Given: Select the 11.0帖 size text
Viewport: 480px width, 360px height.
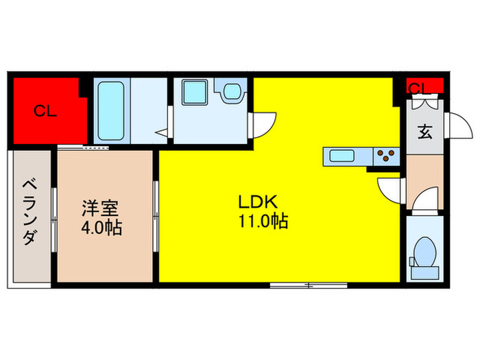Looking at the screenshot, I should coord(263,221).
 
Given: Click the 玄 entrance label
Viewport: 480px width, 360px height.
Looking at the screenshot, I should coord(424,132).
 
